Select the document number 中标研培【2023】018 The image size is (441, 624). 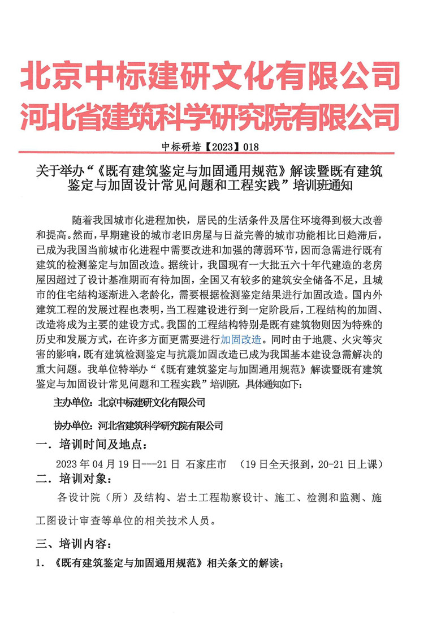point(210,146)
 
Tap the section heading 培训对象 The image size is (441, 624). point(82,480)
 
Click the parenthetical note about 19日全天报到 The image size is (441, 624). point(312,464)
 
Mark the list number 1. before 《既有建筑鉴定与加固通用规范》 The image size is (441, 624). point(40,564)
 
